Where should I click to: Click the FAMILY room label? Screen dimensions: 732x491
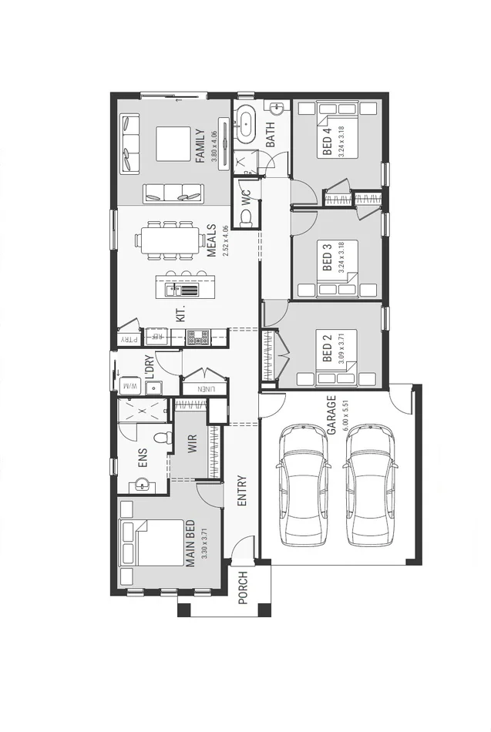tap(200, 145)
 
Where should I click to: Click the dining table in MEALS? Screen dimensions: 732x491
tap(167, 240)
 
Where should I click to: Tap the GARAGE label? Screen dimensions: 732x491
tap(331, 416)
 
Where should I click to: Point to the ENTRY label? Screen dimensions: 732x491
tap(242, 490)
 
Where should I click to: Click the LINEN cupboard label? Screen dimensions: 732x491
tap(204, 389)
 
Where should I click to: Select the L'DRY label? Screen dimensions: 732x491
tap(150, 364)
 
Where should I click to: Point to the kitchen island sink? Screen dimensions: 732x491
tap(171, 290)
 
